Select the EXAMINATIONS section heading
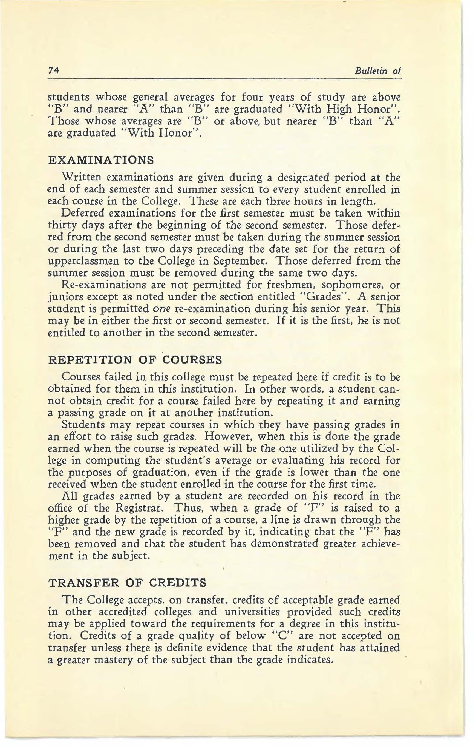click(101, 160)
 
